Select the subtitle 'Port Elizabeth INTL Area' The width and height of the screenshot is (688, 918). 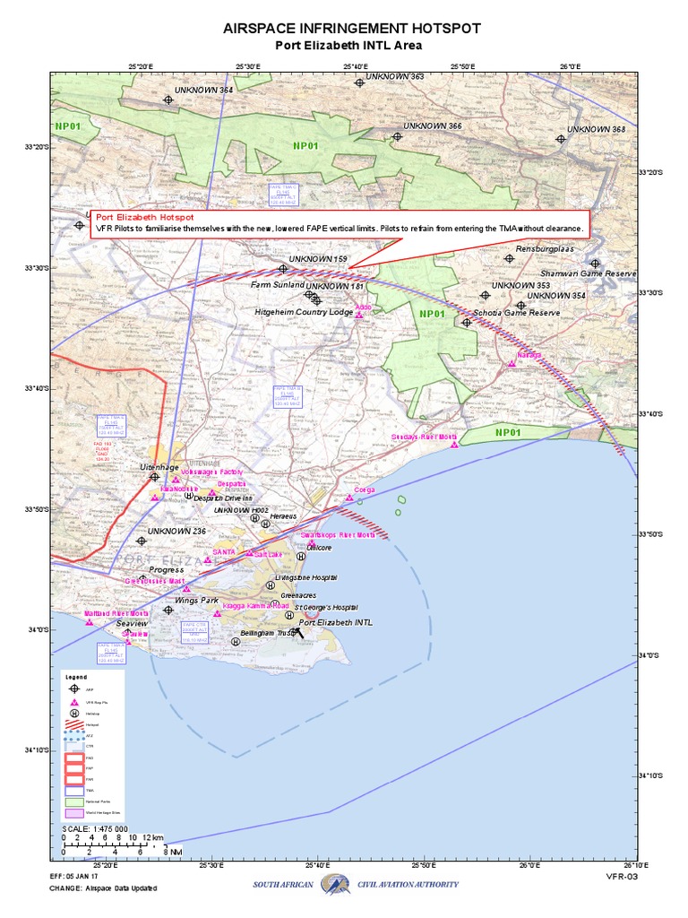[347, 46]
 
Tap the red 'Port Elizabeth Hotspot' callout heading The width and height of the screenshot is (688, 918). [144, 218]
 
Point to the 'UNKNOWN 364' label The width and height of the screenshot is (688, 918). [203, 91]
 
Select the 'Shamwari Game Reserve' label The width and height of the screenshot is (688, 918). [588, 273]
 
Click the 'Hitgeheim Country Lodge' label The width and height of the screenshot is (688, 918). [305, 312]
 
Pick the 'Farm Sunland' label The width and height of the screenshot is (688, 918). [277, 284]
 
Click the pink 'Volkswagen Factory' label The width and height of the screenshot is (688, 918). [212, 472]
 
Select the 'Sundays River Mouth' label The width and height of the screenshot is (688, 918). [425, 437]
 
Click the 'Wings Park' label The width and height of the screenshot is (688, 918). [196, 600]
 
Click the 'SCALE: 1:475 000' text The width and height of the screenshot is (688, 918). [95, 828]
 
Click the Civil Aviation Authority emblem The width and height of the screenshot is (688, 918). [334, 884]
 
